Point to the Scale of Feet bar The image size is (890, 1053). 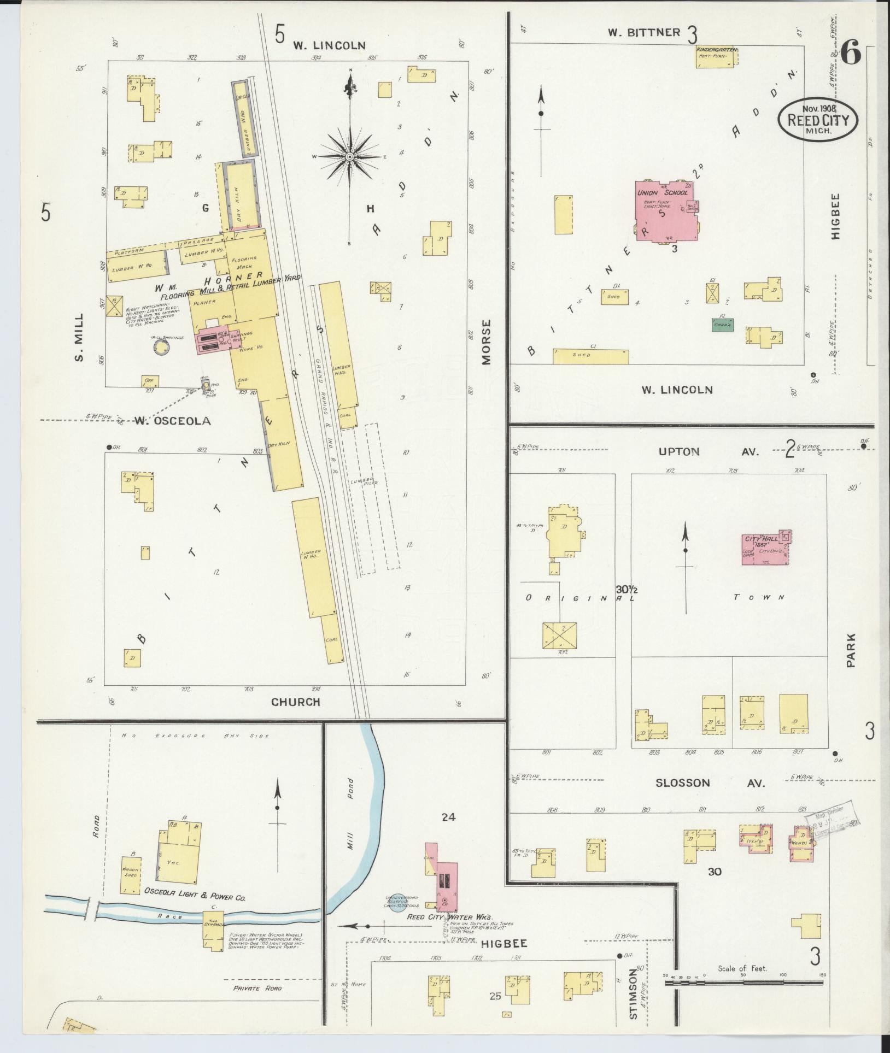(743, 983)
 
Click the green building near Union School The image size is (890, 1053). (723, 325)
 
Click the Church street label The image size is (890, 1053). (296, 702)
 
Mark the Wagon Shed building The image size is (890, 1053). (131, 875)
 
